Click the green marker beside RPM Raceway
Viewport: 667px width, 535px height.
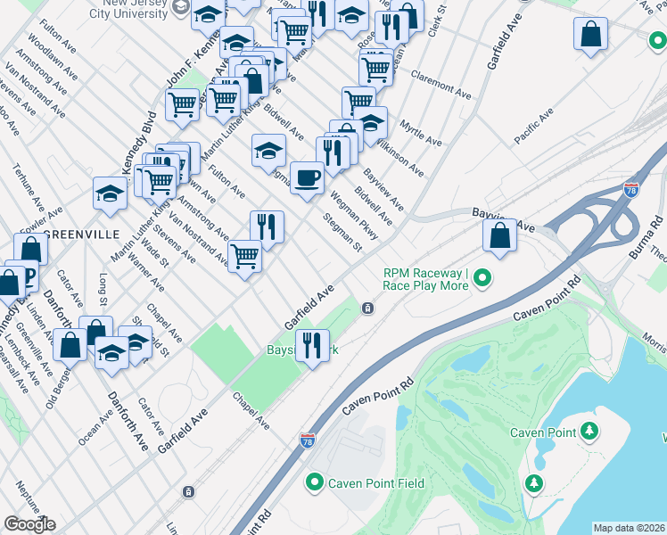pos(482,279)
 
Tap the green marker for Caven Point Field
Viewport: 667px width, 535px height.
pos(314,483)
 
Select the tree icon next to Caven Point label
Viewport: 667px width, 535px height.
pos(589,432)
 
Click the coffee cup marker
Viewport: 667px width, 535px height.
pos(307,178)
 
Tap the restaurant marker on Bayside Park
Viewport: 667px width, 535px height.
pos(312,344)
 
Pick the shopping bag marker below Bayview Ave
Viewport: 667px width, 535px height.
pos(500,237)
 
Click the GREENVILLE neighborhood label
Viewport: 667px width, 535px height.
pos(81,234)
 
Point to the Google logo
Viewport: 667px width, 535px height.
pos(29,524)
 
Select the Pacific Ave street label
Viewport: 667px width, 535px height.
pos(533,125)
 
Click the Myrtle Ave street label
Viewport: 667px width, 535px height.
pos(421,134)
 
